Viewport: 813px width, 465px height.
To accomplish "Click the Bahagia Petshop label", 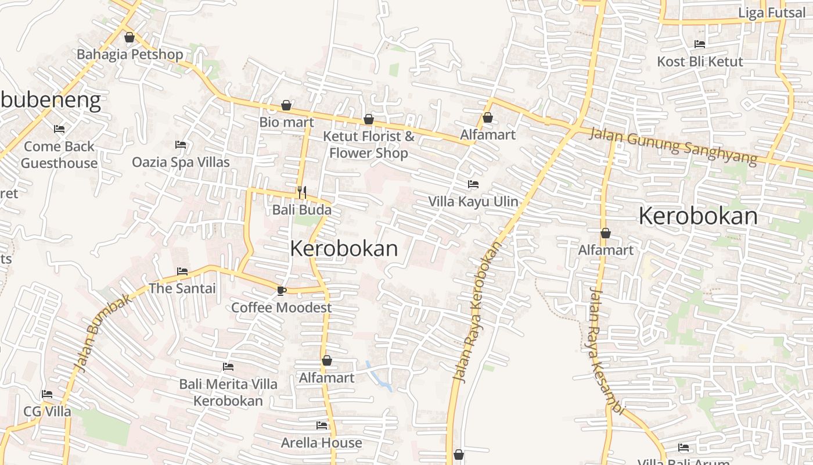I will coord(130,55).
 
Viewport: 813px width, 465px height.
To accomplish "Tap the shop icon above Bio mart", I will coord(286,105).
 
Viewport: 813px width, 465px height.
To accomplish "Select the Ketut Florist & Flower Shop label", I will coord(369,145).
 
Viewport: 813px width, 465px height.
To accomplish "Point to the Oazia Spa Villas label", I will coord(181,162).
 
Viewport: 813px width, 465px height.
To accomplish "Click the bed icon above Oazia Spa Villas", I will coord(181,144).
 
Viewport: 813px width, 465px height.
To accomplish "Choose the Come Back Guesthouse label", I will coord(59,155).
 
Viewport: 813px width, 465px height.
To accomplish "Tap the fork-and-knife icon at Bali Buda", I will coord(302,192).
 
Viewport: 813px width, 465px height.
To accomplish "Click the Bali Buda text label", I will coord(302,210).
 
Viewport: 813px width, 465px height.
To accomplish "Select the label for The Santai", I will coord(182,288).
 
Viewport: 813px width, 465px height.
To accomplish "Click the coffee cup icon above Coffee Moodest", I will coord(282,291).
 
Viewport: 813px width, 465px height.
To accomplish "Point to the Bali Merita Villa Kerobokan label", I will coord(228,392).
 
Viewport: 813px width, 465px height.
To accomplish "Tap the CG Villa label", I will coord(48,412).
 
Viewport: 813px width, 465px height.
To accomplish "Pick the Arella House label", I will coord(322,443).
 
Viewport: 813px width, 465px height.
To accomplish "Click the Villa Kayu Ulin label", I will coord(473,202).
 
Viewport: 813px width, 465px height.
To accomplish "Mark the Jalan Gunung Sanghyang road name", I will coord(674,145).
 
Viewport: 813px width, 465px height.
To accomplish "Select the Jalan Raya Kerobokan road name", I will coord(477,312).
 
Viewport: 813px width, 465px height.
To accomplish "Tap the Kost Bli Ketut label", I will coord(700,62).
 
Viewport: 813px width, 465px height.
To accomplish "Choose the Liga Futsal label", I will coord(772,13).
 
